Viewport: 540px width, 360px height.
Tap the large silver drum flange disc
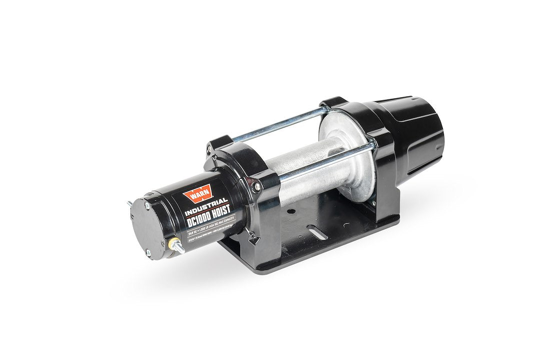point(345,150)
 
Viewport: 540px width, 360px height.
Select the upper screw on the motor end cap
point(147,205)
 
